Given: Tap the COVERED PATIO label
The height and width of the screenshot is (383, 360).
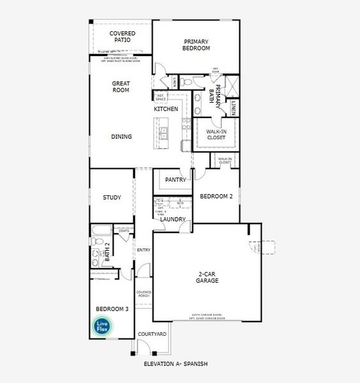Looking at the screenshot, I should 122,36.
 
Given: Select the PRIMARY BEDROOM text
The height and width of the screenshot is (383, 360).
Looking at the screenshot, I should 197,45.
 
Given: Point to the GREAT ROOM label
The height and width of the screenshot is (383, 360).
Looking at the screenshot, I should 121,86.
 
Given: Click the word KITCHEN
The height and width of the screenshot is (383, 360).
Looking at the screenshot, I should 166,109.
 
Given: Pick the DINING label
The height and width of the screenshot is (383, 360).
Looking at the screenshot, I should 121,137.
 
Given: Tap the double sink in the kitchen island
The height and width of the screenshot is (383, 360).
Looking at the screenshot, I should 164,133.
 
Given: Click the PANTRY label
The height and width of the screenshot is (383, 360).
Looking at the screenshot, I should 175,180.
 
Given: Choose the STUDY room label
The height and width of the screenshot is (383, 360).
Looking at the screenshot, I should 112,198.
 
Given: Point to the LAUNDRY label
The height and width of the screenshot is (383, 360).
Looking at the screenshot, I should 172,220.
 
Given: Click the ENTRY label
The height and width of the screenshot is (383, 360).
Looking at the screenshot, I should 144,250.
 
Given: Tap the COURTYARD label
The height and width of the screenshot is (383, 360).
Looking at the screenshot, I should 153,334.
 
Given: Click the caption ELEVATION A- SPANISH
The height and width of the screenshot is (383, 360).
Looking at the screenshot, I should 176,364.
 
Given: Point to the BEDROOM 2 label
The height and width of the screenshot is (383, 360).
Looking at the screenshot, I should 216,197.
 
